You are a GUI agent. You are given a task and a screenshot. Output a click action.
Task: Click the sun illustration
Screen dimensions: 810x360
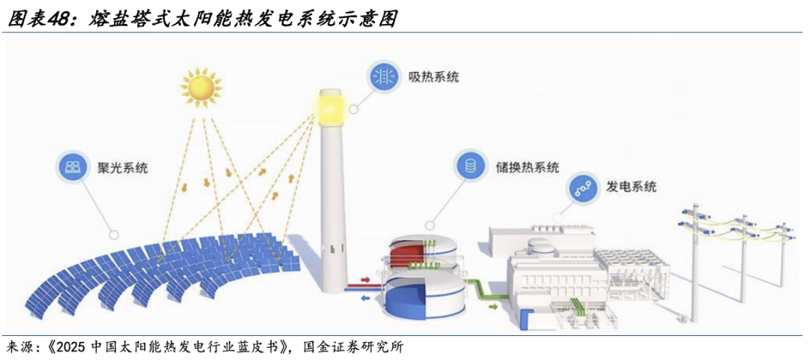202,87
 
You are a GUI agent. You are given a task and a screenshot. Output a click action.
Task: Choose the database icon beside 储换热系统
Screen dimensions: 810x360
470,166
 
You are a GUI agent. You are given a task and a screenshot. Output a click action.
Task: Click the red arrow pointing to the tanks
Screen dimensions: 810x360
365,280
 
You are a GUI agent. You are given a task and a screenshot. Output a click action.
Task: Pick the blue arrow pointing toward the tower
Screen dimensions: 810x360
365,297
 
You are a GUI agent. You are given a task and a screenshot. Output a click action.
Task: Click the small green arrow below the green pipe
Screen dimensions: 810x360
493,306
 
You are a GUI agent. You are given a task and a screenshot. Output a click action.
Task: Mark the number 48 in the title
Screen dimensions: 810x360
62,19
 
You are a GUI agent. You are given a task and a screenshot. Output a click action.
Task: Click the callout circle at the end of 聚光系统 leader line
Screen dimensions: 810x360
113,234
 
